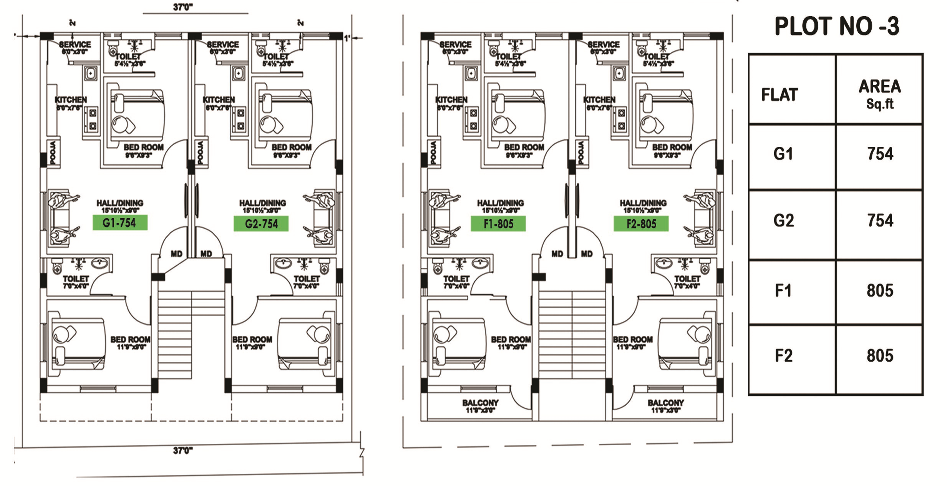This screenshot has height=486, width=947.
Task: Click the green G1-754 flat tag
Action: tap(120, 223)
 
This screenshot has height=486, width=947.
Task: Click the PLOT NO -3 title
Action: tap(837, 27)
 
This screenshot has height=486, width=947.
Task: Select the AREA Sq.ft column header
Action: tap(880, 93)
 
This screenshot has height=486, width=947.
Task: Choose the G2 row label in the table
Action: tap(783, 221)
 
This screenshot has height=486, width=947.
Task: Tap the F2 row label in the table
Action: tap(783, 356)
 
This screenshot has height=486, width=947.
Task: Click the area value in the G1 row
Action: tap(880, 154)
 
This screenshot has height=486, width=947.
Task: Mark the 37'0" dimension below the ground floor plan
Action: tap(183, 450)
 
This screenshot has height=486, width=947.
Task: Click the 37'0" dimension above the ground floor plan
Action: tap(183, 7)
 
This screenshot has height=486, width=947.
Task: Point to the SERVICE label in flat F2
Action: tap(604, 45)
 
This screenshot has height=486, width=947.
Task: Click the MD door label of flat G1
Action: tap(176, 254)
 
